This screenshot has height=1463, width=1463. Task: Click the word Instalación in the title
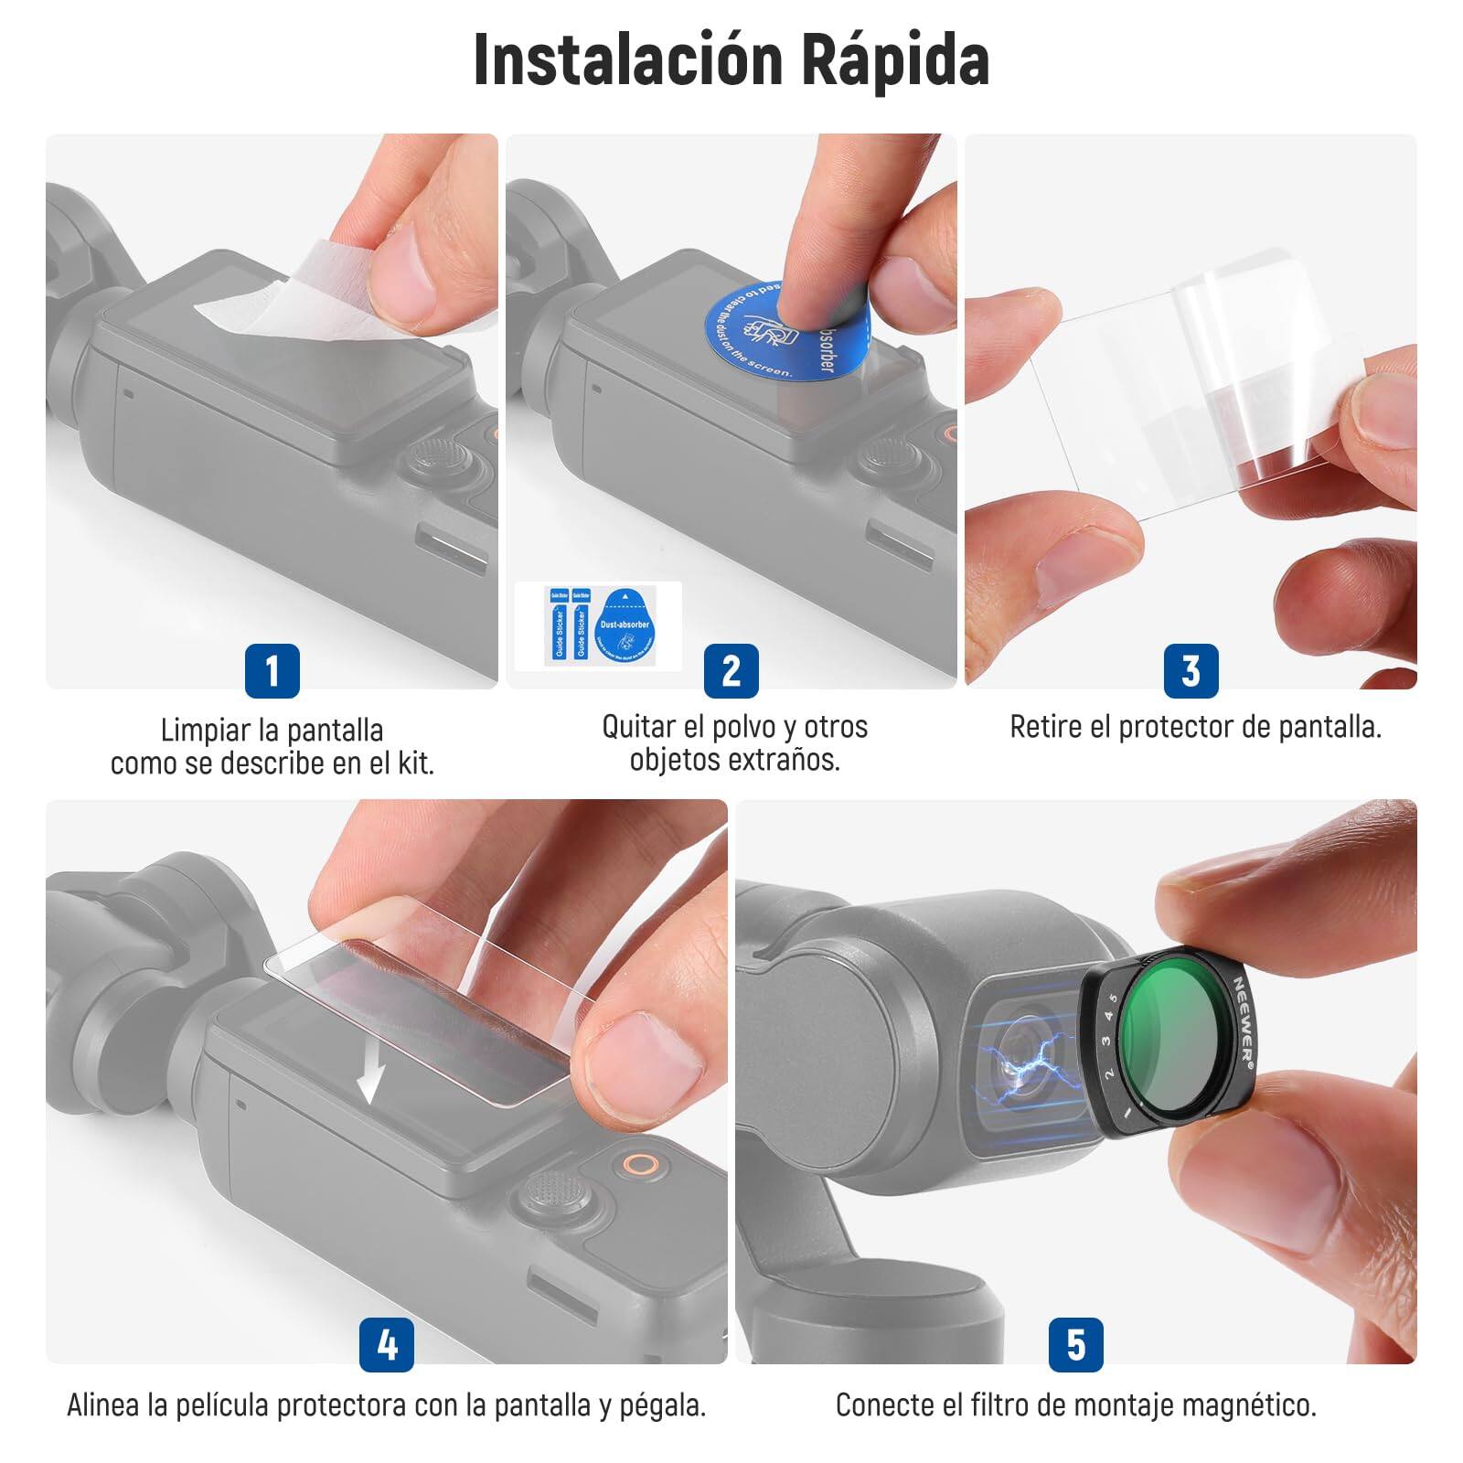[627, 61]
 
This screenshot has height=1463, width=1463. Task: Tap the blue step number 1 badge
[272, 670]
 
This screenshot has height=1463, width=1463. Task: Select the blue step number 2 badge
[731, 670]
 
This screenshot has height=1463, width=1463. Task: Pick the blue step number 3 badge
[1190, 670]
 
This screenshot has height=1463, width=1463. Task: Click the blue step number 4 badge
[386, 1344]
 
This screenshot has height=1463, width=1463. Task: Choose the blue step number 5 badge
[1075, 1344]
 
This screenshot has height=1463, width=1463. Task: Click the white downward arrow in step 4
[369, 1071]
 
